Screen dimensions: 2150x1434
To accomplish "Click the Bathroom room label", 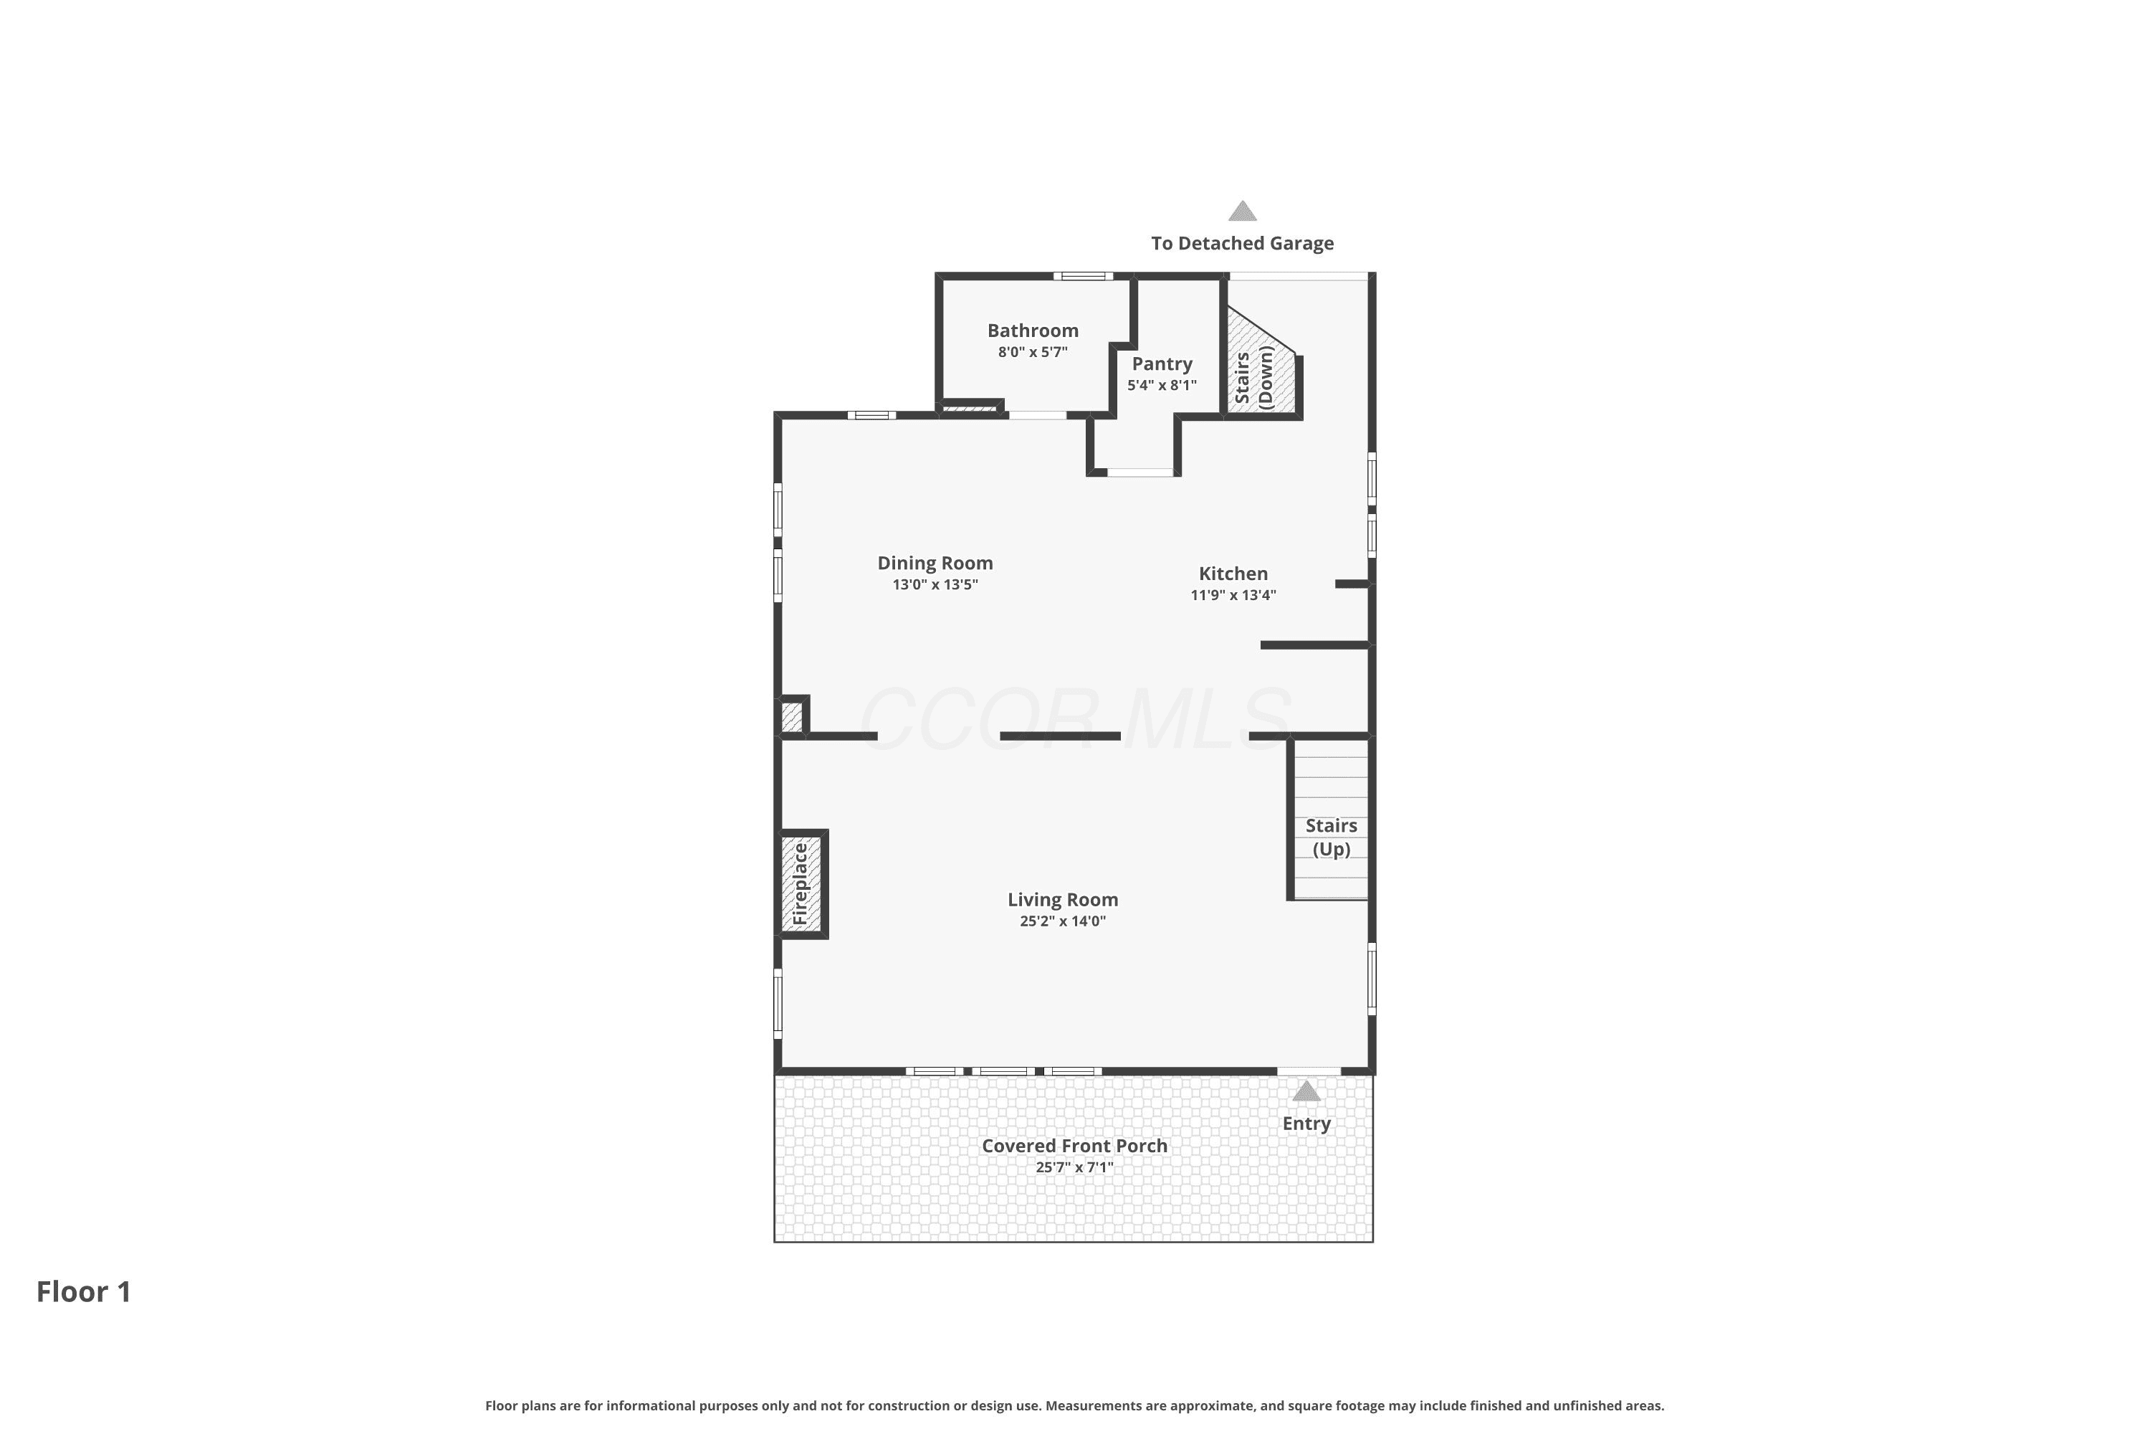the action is (1032, 330).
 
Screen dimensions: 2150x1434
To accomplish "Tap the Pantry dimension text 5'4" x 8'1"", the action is (1161, 385).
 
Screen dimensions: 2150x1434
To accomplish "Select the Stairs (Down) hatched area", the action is (1261, 366).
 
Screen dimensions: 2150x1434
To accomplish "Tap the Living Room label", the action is (1062, 900).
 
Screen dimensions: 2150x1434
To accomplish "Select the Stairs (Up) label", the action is (1331, 837).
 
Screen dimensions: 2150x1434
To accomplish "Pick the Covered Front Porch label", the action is (1074, 1146).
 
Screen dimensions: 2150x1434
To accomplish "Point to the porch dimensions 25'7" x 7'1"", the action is (1074, 1168).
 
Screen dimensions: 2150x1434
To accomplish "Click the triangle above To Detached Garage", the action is (1241, 212).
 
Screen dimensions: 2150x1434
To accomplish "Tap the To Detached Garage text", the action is (1241, 243).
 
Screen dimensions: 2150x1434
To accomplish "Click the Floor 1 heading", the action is (83, 1291).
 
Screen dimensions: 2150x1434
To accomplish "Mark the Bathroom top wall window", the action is (1082, 276).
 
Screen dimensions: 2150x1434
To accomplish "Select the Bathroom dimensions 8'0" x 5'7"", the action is (1032, 352).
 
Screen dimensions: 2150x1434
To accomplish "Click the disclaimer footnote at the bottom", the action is (1074, 1405).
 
